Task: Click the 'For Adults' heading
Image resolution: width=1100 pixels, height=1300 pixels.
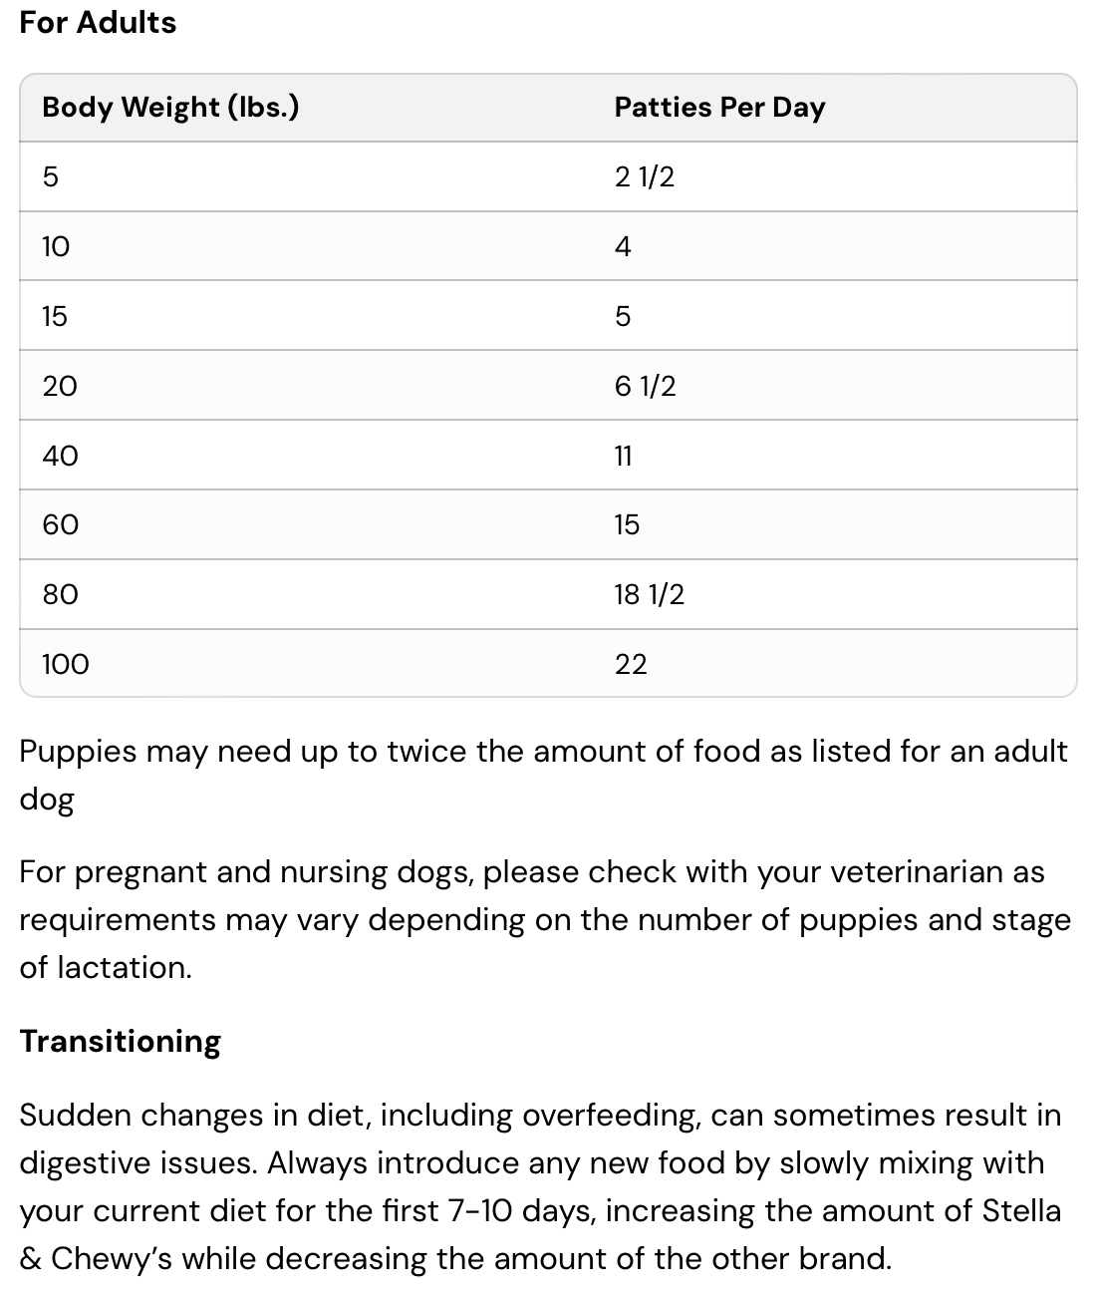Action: [98, 22]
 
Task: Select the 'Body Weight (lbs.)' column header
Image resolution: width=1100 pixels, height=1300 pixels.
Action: [170, 107]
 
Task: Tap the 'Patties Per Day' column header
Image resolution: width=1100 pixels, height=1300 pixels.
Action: [719, 107]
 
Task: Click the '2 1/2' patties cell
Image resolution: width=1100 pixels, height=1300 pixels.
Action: [645, 176]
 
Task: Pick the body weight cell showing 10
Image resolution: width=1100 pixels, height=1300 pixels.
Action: [56, 246]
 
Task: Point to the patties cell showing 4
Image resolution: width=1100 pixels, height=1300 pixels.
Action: [623, 246]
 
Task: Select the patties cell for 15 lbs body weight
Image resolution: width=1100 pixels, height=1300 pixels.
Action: [623, 316]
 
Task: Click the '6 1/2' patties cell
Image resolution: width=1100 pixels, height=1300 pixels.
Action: [645, 386]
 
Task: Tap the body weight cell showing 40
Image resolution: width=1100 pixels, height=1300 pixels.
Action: [60, 456]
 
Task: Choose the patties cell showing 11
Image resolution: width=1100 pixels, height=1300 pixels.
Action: [624, 456]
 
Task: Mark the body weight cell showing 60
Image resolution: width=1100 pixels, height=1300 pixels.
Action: [60, 524]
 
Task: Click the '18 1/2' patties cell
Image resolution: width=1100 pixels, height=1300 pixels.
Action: [649, 594]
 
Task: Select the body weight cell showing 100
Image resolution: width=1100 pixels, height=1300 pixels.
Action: [66, 664]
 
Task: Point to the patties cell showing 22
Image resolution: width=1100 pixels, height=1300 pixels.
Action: [631, 664]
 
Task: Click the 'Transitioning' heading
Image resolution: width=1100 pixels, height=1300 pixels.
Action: [120, 1041]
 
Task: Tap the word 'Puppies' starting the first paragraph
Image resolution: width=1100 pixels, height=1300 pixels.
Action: [77, 751]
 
